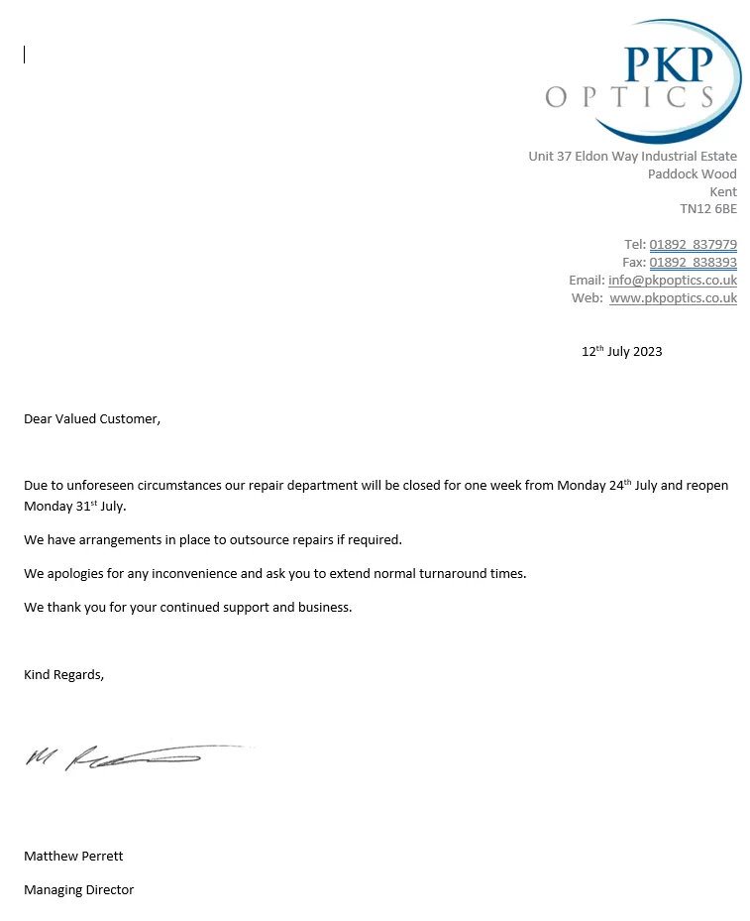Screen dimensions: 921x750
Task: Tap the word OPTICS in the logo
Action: coord(630,97)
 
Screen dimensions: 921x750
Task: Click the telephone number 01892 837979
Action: coord(693,245)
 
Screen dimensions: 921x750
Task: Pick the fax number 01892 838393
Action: coord(693,263)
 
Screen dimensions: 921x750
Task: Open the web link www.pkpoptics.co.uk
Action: coord(673,298)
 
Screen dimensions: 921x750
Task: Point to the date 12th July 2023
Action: coord(621,351)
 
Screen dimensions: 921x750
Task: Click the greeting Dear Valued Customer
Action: coord(91,419)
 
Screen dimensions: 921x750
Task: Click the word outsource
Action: coord(259,540)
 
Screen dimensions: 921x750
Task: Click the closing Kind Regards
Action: coord(63,675)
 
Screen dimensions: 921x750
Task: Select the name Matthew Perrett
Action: coord(73,857)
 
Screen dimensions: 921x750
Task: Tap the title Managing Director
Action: coord(78,890)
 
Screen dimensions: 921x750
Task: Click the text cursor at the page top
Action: coord(24,56)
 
